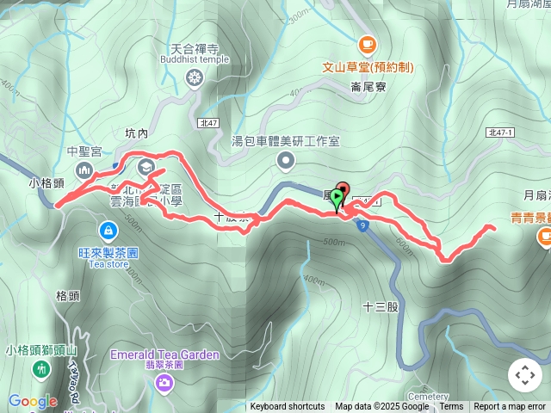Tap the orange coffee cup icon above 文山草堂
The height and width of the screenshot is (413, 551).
tap(368, 43)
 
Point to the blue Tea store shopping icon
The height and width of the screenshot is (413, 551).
tap(108, 230)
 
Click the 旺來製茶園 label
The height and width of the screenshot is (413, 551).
tap(108, 253)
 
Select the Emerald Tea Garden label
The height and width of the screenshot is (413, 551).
tap(164, 354)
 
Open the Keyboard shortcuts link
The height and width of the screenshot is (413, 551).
tap(288, 407)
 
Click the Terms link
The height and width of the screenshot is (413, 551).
tap(451, 407)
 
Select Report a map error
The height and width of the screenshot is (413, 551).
tap(510, 407)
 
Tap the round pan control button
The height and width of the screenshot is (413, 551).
tap(524, 375)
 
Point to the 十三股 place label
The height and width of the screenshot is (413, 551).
tap(381, 305)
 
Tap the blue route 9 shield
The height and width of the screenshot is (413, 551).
tap(364, 225)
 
